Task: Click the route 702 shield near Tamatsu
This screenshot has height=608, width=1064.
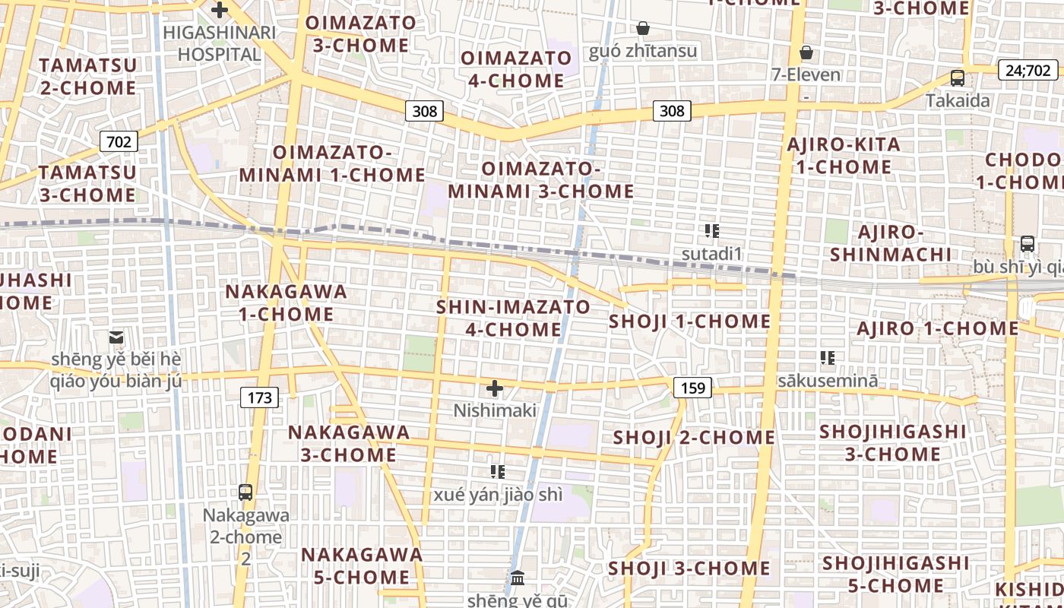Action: (x=119, y=141)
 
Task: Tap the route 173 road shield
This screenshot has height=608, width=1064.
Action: (x=259, y=397)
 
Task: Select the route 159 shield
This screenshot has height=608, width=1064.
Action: (x=692, y=388)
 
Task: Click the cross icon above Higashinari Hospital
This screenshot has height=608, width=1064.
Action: (x=220, y=10)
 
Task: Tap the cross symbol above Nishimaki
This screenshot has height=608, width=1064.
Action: (x=495, y=389)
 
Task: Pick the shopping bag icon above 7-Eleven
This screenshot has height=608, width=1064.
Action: (x=806, y=52)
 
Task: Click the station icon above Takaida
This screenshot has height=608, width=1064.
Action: (x=958, y=78)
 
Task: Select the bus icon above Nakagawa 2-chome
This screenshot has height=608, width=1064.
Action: (x=245, y=492)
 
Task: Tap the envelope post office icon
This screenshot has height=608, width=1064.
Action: (x=116, y=337)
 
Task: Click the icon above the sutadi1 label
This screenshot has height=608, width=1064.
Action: (x=711, y=231)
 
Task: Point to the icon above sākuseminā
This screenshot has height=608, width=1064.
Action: (x=828, y=357)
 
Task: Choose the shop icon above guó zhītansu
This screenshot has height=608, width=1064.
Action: (x=643, y=29)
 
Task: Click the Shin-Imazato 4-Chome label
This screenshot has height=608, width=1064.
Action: (x=513, y=318)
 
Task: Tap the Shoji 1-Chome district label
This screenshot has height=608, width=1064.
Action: (x=689, y=321)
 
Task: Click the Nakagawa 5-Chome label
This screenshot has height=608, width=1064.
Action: (x=362, y=565)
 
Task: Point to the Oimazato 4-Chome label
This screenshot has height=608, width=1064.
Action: (x=516, y=69)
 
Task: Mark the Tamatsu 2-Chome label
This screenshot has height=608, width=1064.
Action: (x=87, y=76)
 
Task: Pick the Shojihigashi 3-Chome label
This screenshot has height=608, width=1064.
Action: (x=893, y=443)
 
